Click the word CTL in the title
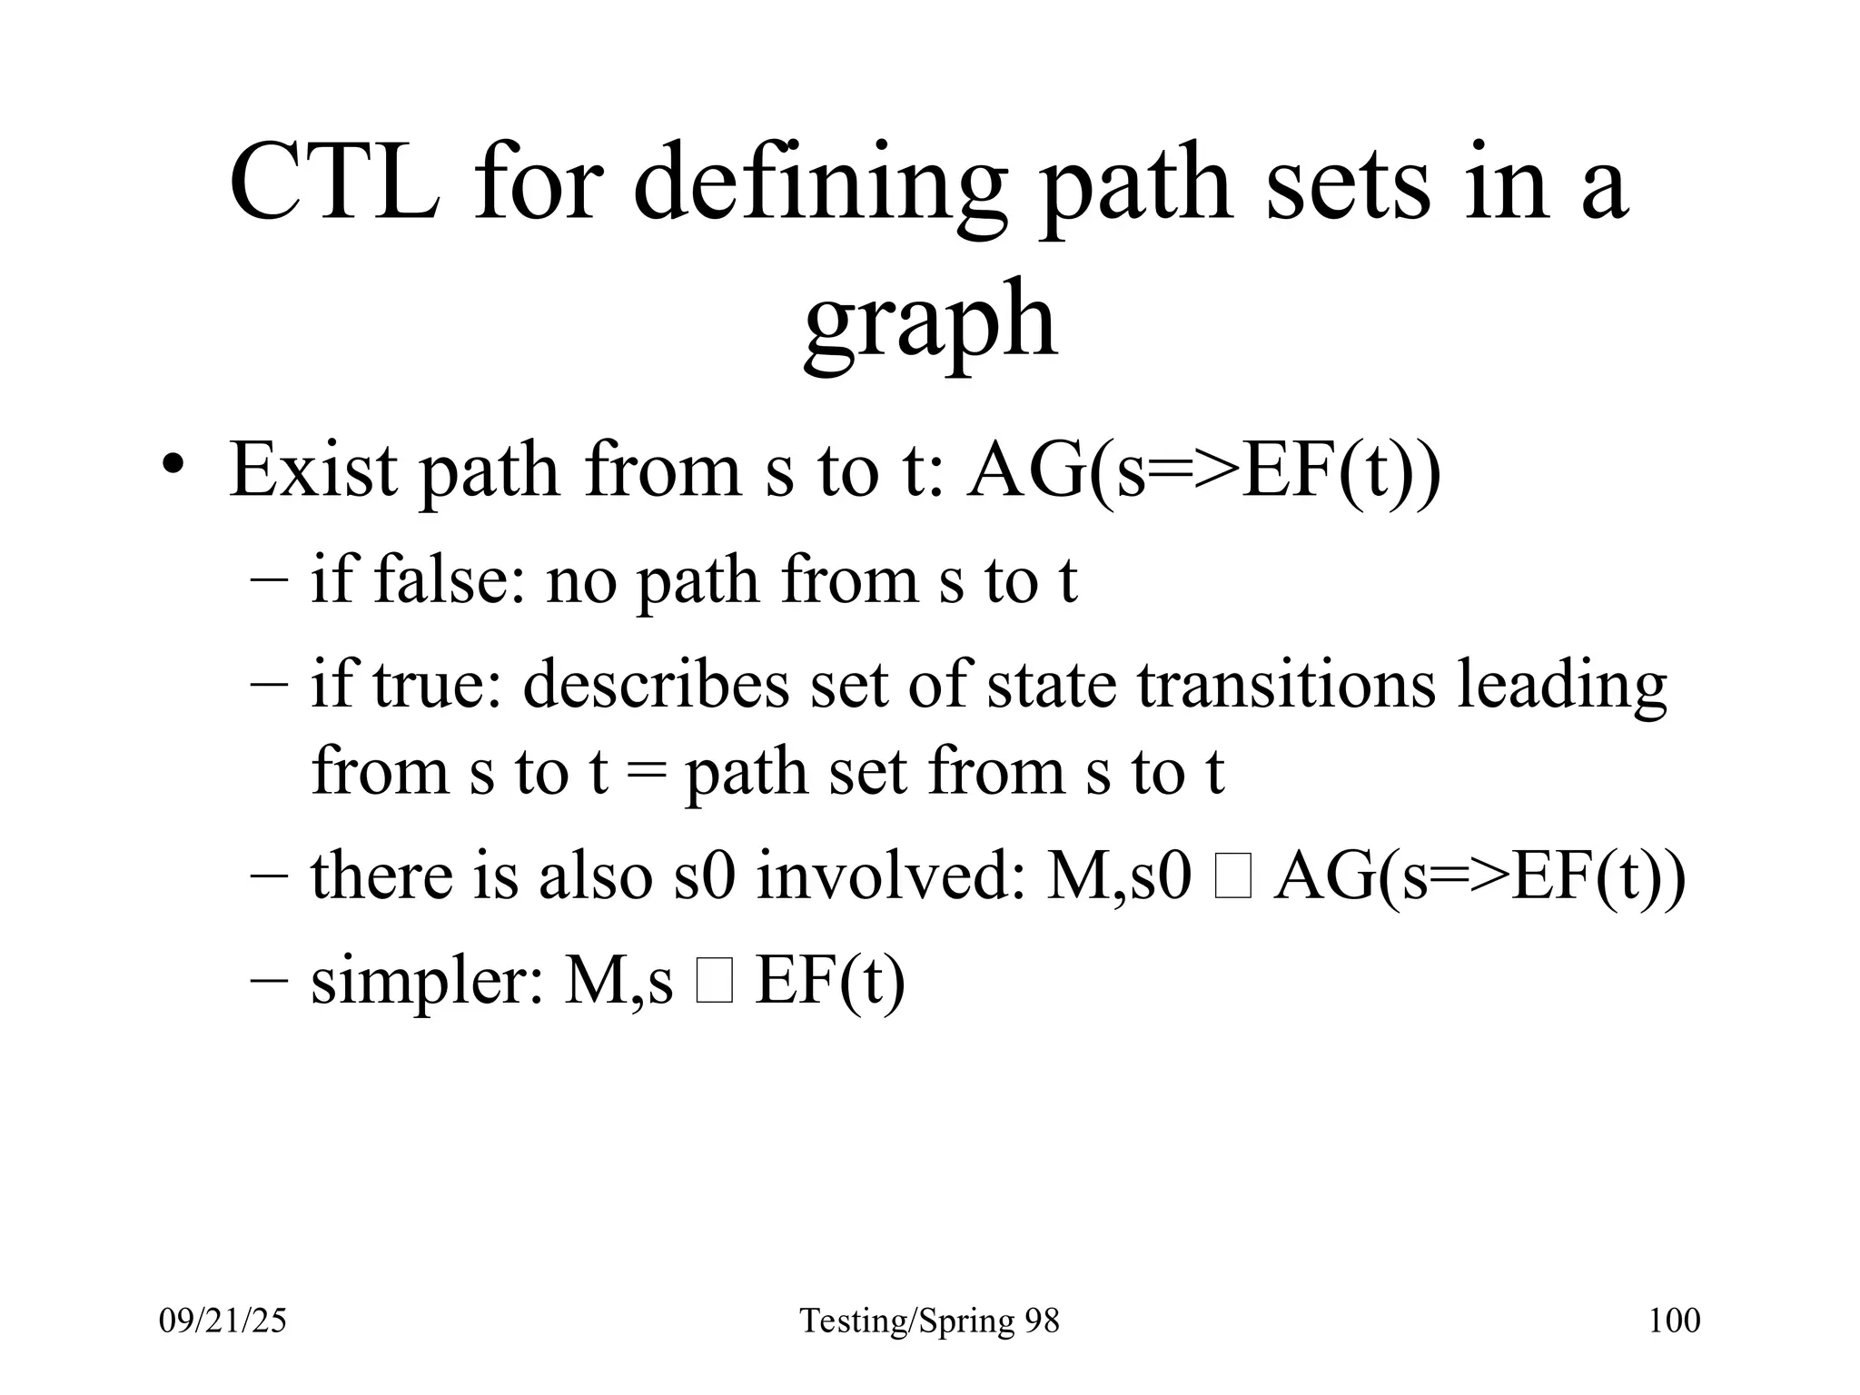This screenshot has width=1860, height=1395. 333,183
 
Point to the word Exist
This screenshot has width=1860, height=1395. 312,471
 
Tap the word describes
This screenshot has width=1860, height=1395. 656,683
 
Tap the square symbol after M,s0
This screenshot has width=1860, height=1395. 1232,880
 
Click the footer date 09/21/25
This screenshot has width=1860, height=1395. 223,1321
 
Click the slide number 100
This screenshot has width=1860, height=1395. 1674,1321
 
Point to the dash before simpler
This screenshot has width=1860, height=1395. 270,981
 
